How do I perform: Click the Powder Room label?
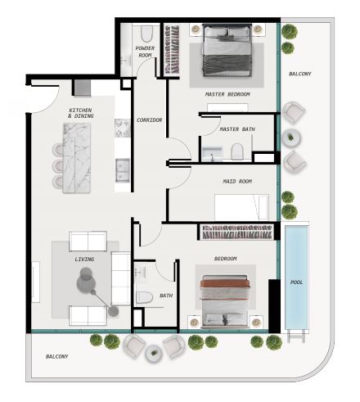point(145,52)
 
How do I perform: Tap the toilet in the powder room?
point(146,34)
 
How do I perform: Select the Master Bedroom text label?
point(227,94)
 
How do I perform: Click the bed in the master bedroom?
point(227,50)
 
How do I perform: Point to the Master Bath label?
point(237,129)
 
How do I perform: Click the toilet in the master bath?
point(237,151)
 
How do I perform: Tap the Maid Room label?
point(237,181)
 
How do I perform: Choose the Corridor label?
point(149,120)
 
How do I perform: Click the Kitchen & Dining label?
point(80,113)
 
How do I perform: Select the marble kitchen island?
point(77,158)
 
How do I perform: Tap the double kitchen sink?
point(123,170)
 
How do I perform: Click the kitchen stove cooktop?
point(123,128)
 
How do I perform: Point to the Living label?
point(84,260)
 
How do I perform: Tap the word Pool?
point(296,282)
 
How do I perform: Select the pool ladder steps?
point(296,337)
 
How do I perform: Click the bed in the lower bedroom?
point(225,301)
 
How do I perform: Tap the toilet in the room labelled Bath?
point(144,297)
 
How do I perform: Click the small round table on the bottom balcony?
point(154,353)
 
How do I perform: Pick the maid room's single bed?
point(241,207)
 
